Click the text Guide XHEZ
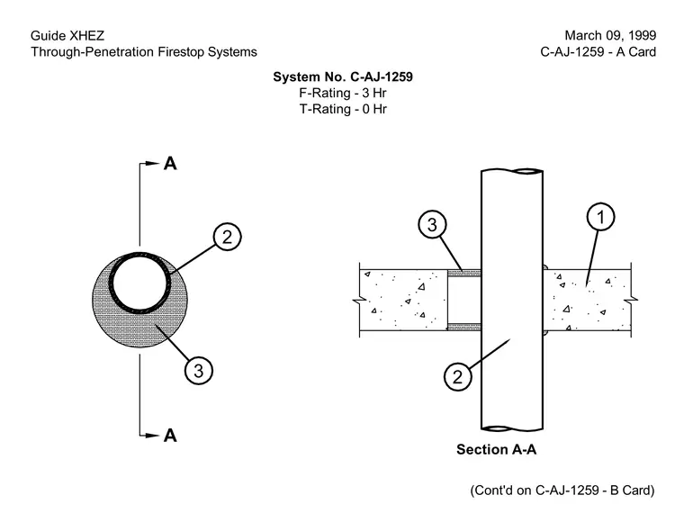(x=67, y=36)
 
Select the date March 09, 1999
(x=610, y=36)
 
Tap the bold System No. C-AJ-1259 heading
(x=343, y=77)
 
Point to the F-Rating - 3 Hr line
(x=343, y=93)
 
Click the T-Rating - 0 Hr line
(x=343, y=109)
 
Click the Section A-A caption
(x=497, y=450)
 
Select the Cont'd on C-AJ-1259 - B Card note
(x=562, y=490)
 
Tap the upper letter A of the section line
(x=170, y=164)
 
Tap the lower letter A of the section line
(x=170, y=436)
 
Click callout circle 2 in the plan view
(x=228, y=238)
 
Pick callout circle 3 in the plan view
(x=199, y=371)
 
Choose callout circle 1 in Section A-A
(x=600, y=217)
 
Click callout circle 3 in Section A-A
(x=432, y=225)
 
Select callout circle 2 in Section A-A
(x=457, y=376)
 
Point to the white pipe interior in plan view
(x=140, y=283)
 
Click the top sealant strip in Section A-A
(x=464, y=274)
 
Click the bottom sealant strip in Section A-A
(x=464, y=327)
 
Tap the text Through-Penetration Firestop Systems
(x=144, y=52)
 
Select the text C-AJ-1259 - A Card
(x=598, y=52)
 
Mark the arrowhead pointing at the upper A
(x=153, y=164)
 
